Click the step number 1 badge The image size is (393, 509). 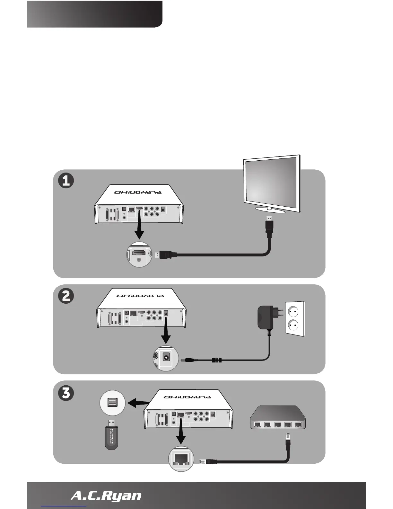(66, 181)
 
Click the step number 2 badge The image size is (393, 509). (66, 296)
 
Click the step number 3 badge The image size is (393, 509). (66, 393)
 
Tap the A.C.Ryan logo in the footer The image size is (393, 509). (106, 496)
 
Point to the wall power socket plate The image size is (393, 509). (295, 318)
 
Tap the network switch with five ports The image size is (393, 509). (278, 417)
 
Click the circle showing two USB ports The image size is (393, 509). (112, 403)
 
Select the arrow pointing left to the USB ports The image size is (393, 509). (138, 402)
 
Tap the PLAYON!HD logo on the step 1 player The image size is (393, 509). (138, 192)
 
